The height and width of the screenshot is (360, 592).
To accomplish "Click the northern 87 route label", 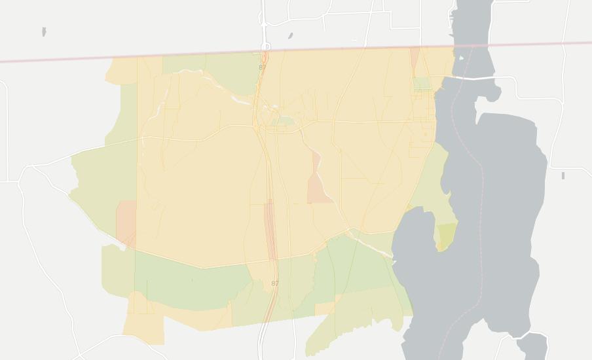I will [263, 67].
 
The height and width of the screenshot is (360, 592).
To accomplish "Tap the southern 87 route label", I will [274, 283].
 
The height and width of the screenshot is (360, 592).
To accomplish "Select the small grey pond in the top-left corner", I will [44, 31].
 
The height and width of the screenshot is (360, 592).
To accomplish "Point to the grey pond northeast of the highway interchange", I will [290, 36].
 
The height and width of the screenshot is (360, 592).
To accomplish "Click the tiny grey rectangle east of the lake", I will [563, 175].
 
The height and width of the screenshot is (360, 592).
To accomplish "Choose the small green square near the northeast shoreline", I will [422, 84].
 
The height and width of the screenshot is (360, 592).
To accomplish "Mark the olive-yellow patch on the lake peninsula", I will [447, 235].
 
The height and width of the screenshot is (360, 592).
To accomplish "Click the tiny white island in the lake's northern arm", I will [462, 58].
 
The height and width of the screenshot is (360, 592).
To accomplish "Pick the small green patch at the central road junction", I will [283, 121].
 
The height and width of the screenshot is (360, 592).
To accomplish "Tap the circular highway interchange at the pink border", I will [265, 47].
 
